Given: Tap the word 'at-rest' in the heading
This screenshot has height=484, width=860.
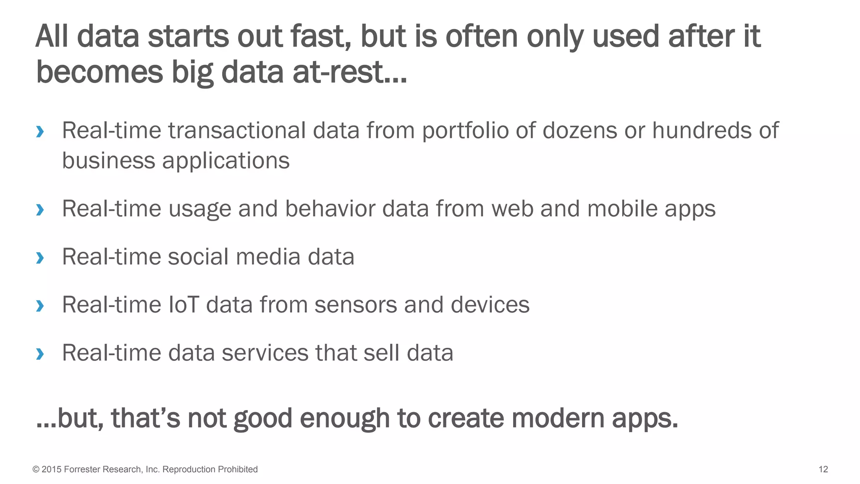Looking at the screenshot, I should pos(349,72).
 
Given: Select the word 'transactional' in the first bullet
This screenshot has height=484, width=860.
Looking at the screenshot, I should pos(237,131).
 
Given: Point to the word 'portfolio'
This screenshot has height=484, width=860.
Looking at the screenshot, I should pos(465,131).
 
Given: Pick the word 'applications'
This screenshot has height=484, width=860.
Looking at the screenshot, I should pos(226,161).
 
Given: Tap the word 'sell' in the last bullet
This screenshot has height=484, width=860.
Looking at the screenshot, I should pos(381,353).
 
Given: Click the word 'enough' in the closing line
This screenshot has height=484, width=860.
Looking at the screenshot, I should pos(345,418).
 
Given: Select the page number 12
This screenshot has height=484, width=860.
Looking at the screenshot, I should pos(823,469).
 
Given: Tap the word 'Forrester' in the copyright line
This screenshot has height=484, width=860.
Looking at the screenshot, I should pos(82,469).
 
